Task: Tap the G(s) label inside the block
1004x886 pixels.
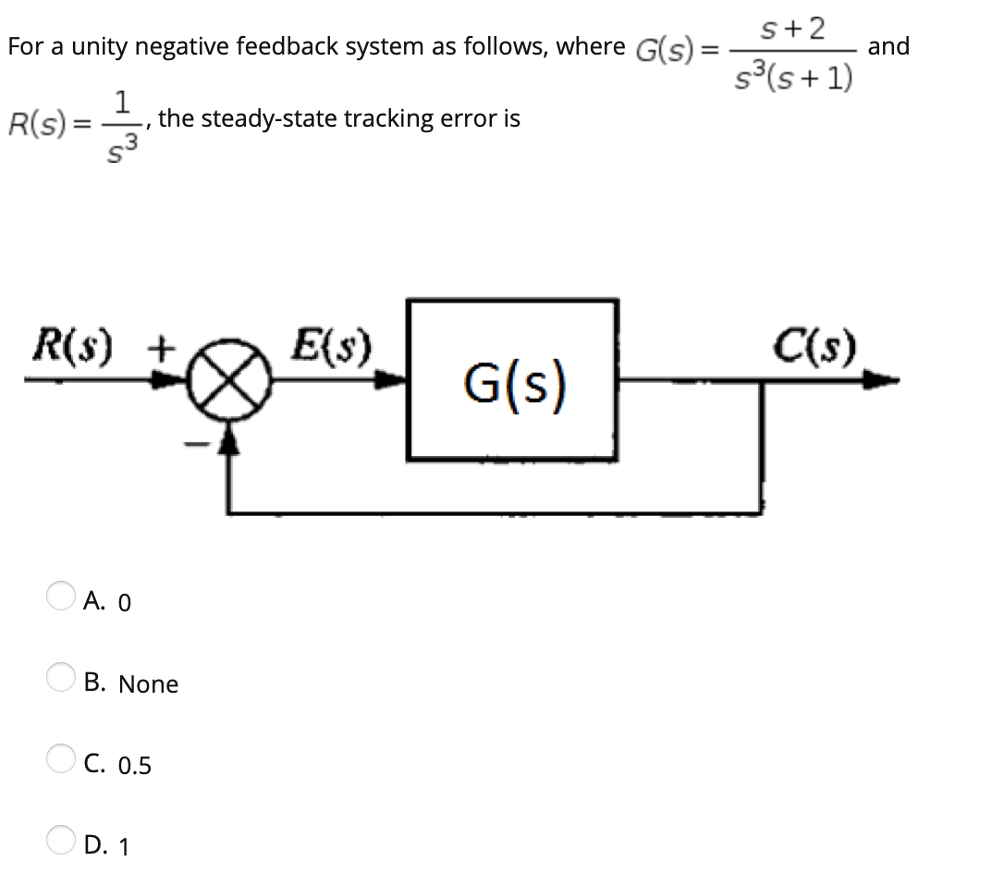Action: tap(513, 380)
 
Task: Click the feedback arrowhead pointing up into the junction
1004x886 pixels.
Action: tap(230, 448)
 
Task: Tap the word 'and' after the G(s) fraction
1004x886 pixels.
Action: tap(888, 46)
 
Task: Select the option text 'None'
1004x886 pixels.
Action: tap(148, 684)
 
